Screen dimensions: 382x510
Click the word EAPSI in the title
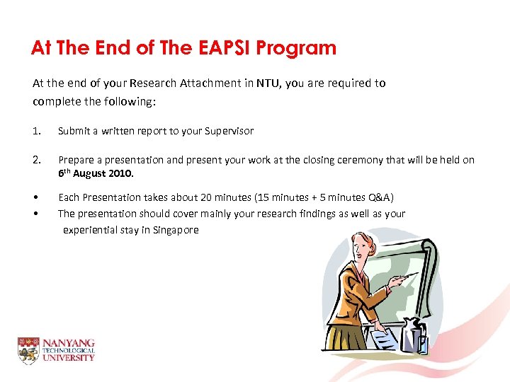[x=222, y=48]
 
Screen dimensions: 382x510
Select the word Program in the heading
[x=296, y=48]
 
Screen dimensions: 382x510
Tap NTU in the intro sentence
[x=268, y=83]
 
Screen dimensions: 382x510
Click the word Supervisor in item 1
[x=228, y=131]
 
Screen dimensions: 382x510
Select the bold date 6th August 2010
[x=92, y=173]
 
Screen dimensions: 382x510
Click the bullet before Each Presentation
[x=35, y=197]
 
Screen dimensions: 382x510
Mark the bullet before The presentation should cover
[x=35, y=214]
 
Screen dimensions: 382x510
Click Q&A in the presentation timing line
[x=380, y=197]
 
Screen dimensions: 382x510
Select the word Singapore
[x=174, y=230]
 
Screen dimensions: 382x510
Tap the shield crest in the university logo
[x=28, y=350]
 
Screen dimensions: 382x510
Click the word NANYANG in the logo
[x=68, y=343]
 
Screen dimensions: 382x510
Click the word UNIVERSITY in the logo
[x=68, y=358]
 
